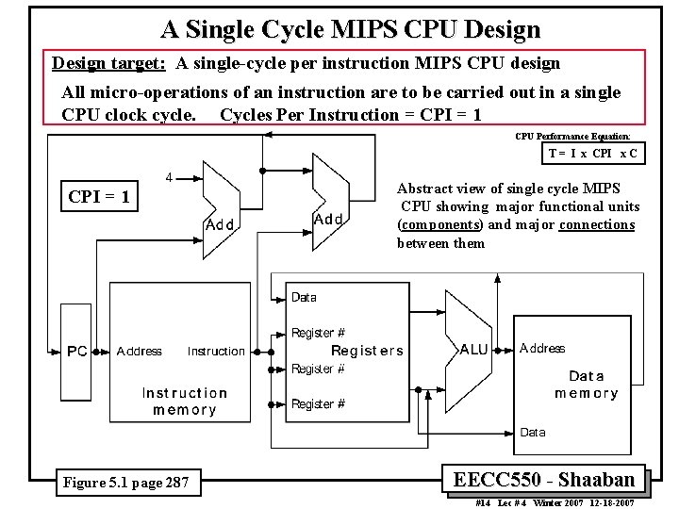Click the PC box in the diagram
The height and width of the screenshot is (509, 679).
click(76, 352)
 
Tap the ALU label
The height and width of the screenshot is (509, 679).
click(473, 350)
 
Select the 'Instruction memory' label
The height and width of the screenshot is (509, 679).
click(184, 402)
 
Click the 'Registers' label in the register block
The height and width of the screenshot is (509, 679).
click(367, 351)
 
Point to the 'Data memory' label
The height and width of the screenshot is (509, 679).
click(586, 385)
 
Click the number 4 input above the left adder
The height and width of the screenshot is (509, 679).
click(169, 176)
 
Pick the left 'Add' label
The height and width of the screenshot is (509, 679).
click(220, 225)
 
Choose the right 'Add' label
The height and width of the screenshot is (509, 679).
click(327, 219)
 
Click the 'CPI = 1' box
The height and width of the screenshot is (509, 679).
click(99, 197)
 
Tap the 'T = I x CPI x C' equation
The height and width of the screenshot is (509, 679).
click(592, 153)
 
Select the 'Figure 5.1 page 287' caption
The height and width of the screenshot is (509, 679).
click(125, 484)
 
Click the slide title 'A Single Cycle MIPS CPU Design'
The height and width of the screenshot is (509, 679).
click(350, 29)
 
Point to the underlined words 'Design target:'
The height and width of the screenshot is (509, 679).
click(109, 63)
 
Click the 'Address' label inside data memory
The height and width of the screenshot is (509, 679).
click(542, 348)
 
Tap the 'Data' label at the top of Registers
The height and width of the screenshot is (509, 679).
click(304, 297)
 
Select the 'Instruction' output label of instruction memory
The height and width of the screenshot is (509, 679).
click(216, 352)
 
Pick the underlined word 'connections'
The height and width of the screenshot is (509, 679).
click(596, 224)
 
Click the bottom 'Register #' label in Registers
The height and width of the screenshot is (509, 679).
click(318, 404)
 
